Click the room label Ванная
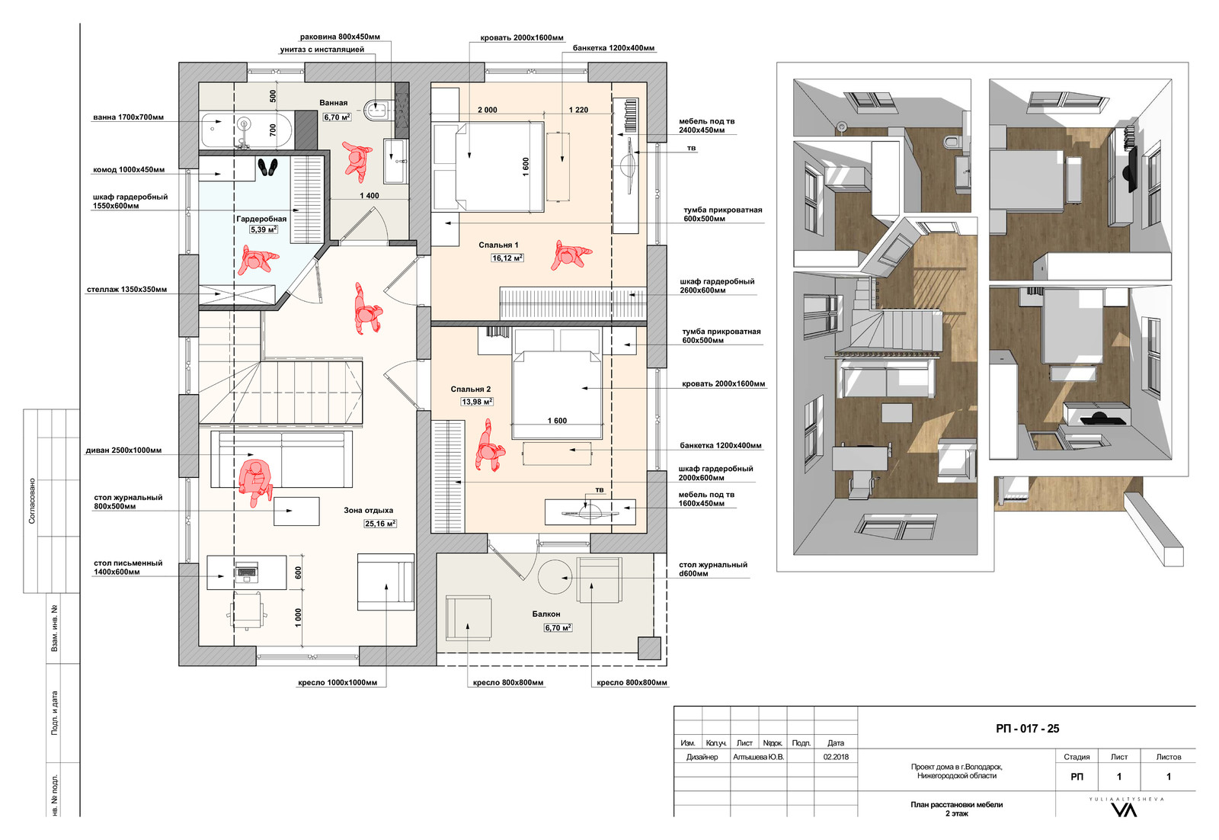[333, 103]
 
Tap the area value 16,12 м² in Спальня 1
[507, 258]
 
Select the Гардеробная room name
[261, 219]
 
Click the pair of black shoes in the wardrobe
[267, 167]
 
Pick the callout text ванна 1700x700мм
[129, 117]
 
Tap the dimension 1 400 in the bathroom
[370, 195]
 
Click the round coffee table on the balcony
[555, 576]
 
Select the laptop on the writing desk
[247, 572]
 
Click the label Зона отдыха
[369, 510]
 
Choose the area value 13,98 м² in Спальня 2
[477, 402]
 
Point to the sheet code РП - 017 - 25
[1028, 729]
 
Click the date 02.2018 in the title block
[836, 757]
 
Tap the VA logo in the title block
[1125, 810]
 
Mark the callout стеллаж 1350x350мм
[126, 290]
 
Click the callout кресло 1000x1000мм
[338, 683]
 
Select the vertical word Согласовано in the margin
[31, 501]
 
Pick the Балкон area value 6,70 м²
[558, 627]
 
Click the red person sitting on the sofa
[255, 481]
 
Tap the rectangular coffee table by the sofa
[296, 511]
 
